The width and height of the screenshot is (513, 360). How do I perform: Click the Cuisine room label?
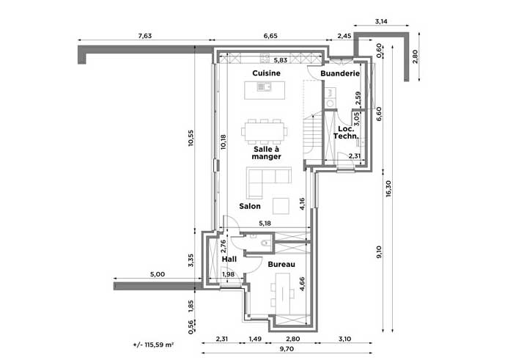[266, 73]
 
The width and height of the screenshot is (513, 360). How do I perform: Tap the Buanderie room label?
[340, 73]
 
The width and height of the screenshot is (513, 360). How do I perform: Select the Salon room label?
[250, 206]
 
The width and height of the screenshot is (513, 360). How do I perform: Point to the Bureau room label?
[281, 264]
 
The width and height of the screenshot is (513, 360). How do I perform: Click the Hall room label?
[229, 260]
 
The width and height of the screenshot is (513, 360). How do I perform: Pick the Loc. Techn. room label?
[346, 132]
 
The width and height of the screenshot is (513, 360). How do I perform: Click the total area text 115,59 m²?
[153, 345]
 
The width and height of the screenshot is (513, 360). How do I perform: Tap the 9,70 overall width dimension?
[287, 349]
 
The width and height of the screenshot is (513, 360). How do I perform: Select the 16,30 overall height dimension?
[388, 189]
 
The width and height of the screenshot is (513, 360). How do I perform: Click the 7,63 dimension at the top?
[145, 36]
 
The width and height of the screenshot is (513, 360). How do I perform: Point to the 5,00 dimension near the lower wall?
[158, 274]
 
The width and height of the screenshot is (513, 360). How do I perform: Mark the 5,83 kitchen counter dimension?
[281, 60]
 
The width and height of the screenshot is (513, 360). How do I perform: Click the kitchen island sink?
[264, 87]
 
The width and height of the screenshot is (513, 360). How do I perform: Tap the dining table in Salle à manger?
[265, 131]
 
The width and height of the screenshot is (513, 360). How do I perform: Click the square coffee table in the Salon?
[281, 206]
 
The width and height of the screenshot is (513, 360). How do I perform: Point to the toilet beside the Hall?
[265, 243]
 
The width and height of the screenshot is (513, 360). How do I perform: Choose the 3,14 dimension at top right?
[381, 21]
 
